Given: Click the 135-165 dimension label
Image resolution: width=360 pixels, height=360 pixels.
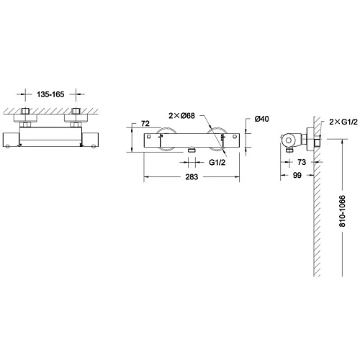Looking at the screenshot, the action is point(50,94).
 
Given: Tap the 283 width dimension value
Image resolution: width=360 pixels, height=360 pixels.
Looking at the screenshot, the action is point(192,177).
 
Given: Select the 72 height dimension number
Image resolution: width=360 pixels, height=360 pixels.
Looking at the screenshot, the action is point(145,123).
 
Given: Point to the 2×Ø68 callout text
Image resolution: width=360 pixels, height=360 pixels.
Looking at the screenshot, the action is point(181,116).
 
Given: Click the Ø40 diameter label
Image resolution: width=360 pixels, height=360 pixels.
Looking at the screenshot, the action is point(261,119).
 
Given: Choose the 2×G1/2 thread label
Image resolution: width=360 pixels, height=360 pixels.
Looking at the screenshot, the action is point(343,122).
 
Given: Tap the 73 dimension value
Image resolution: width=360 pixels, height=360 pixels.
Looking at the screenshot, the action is point(302,162).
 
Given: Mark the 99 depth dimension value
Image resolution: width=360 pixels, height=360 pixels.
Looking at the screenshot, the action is point(297,175).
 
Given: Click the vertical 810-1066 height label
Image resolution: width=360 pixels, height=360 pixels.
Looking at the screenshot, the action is point(342,211).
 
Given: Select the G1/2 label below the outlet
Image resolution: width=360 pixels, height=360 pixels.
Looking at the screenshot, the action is point(217,163).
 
